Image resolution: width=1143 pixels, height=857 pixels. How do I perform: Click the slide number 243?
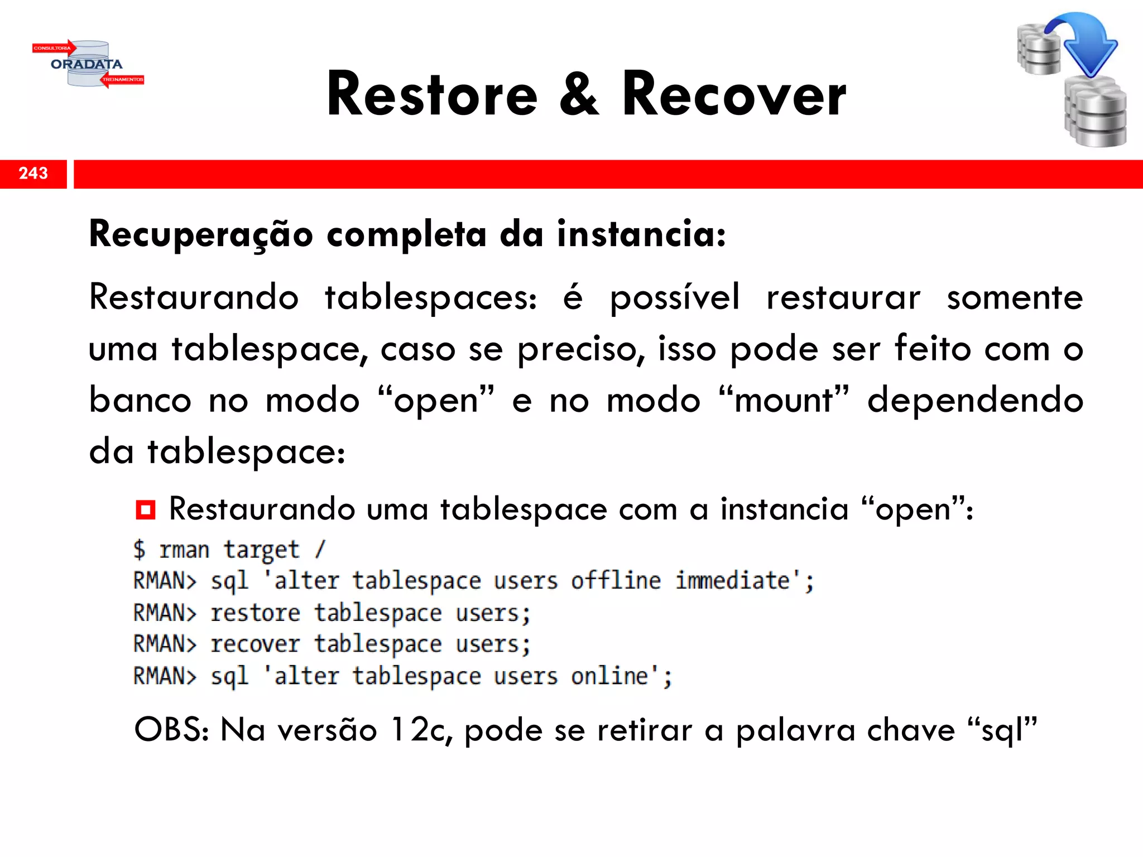point(33,174)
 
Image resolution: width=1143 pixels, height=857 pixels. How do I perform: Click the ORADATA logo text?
point(87,64)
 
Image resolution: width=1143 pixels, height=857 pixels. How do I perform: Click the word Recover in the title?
point(734,95)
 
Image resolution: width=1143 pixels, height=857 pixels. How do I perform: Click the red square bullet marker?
point(145,509)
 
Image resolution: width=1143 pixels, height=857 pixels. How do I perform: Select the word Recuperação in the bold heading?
point(201,234)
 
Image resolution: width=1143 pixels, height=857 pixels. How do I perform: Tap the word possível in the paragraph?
point(675,298)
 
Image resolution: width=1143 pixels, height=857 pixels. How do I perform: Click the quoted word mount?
point(784,401)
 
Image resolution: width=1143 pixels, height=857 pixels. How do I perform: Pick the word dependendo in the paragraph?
point(975,401)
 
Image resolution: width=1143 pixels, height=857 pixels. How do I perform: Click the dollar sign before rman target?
point(140,550)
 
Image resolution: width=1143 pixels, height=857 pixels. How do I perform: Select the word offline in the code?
point(616,581)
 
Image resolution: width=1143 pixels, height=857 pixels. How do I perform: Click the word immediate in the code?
point(733,581)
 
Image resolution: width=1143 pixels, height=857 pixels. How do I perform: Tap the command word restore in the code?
point(256,613)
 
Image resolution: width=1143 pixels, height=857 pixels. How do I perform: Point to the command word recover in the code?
point(256,644)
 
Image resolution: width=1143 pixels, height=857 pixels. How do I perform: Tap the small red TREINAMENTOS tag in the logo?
point(123,80)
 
